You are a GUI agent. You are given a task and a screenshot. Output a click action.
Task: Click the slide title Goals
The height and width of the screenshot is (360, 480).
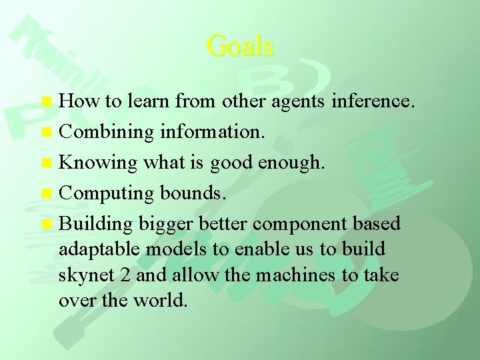[x=240, y=46]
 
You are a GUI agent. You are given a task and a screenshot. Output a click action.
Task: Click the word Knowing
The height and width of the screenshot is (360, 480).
[x=98, y=163]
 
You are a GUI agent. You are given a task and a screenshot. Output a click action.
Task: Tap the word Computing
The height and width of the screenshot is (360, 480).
[x=107, y=193]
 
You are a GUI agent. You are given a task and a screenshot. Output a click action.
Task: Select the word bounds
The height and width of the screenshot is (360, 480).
[x=193, y=193]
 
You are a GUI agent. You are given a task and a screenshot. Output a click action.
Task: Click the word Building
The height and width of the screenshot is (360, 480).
[x=97, y=223]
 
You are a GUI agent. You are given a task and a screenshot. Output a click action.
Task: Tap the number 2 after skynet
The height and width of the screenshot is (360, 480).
[x=121, y=275]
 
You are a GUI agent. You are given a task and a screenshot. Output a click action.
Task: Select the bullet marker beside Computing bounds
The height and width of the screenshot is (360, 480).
[x=46, y=193]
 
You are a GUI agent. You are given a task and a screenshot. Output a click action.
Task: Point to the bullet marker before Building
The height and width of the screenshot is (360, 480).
[x=46, y=223]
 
